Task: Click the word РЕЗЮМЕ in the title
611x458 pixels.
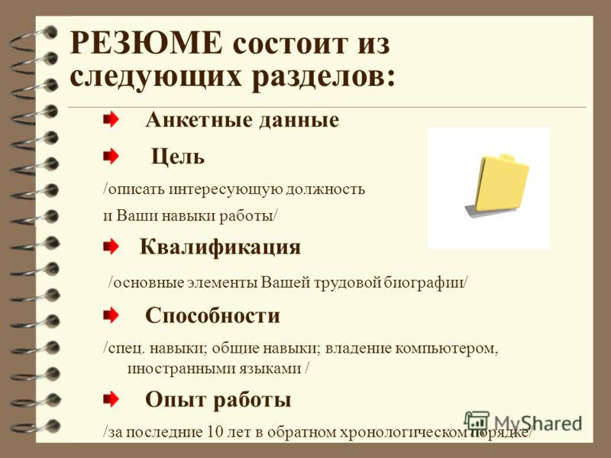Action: click(146, 43)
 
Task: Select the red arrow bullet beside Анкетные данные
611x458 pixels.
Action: click(111, 119)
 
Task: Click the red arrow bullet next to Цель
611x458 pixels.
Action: click(111, 156)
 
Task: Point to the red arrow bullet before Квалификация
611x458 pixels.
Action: click(111, 247)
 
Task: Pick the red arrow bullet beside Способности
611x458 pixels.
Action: click(111, 315)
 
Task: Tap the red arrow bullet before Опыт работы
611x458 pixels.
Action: click(111, 398)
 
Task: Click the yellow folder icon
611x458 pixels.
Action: click(497, 185)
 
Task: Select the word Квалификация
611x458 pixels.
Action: click(220, 247)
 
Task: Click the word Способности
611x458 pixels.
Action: click(212, 315)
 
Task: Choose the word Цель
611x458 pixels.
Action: click(178, 157)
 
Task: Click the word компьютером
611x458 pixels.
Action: click(447, 348)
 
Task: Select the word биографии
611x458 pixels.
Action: click(424, 282)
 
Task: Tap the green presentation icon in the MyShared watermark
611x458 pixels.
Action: click(477, 421)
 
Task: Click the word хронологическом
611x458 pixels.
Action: click(404, 432)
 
